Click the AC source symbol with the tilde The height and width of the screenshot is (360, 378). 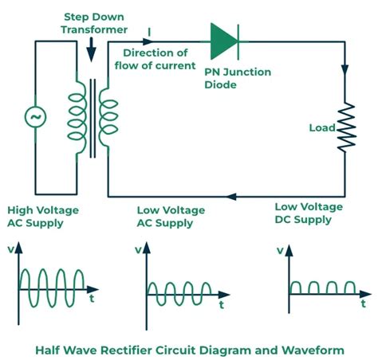click(x=36, y=118)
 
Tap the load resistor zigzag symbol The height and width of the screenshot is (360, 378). click(x=345, y=127)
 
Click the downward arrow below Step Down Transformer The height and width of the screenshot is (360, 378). click(x=92, y=50)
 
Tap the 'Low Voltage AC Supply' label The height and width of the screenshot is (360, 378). click(x=171, y=217)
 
